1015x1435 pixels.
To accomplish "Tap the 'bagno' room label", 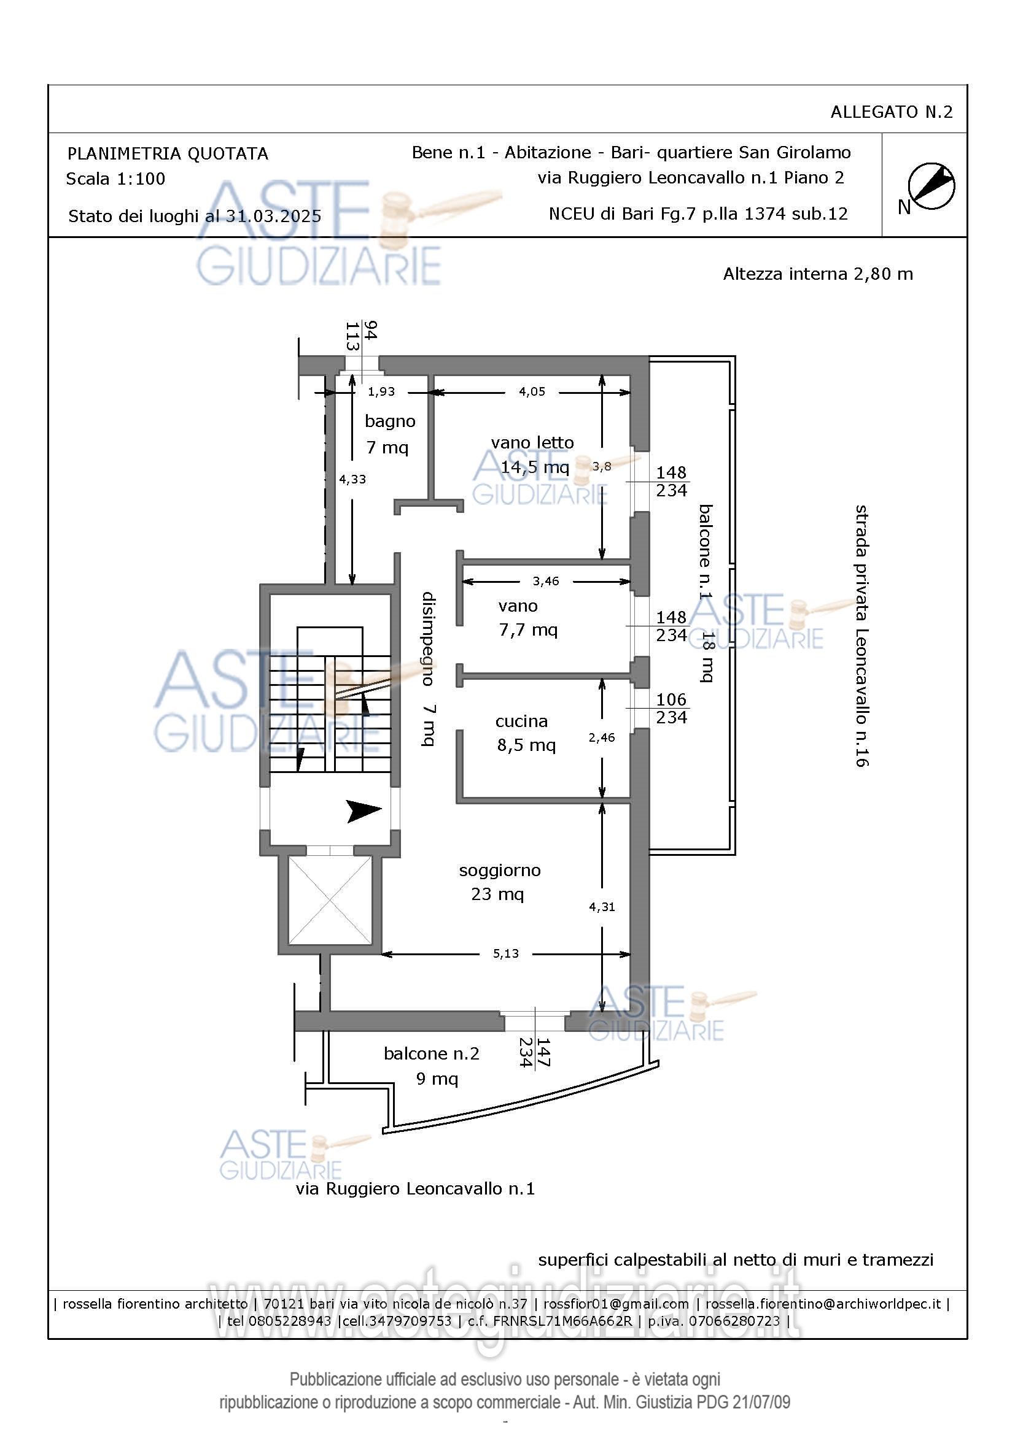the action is click(x=391, y=421).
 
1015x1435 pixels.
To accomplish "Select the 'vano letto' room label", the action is click(x=532, y=442).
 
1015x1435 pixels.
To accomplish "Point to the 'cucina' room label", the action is click(x=521, y=721).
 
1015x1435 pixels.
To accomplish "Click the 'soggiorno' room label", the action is click(x=500, y=871).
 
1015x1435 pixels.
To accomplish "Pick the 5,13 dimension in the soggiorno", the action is click(x=506, y=953).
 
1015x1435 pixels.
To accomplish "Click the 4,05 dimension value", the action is click(x=532, y=392).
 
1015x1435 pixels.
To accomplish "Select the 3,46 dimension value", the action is click(x=546, y=581).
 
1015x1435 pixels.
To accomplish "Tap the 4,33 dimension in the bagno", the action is click(x=352, y=479).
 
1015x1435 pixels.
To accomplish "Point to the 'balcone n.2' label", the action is click(x=432, y=1054).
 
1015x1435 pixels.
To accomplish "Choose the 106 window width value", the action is click(x=671, y=699).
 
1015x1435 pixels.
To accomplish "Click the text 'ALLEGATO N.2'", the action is click(x=891, y=112).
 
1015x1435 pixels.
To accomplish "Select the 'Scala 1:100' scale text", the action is click(x=115, y=179).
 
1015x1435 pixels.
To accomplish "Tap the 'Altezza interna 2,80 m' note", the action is click(x=818, y=274).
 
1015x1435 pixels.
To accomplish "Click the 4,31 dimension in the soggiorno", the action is click(x=602, y=907).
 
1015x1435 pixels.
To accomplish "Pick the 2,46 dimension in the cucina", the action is click(x=602, y=737).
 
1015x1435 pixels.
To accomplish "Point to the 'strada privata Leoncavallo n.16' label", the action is click(x=861, y=636).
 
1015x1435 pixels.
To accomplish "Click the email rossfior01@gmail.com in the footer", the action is click(x=616, y=1304).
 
